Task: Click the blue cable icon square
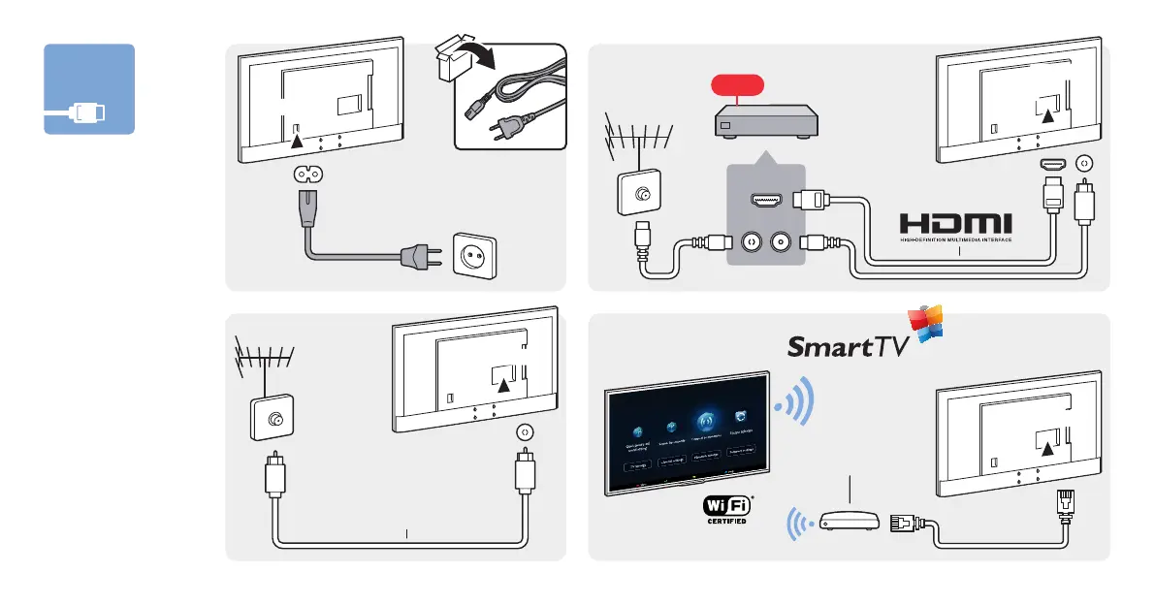pyautogui.click(x=89, y=89)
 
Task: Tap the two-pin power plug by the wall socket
pyautogui.click(x=417, y=256)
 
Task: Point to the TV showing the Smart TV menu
pyautogui.click(x=688, y=433)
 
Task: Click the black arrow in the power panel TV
pyautogui.click(x=298, y=142)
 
